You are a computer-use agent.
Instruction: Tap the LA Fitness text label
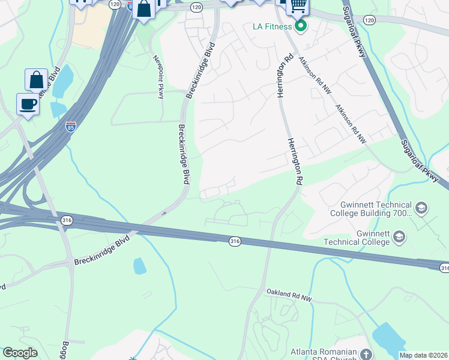pyautogui.click(x=273, y=26)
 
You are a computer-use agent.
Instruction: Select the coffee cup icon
pyautogui.click(x=28, y=104)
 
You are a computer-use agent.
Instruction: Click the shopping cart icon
pyautogui.click(x=298, y=6)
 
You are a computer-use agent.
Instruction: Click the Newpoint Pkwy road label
pyautogui.click(x=159, y=76)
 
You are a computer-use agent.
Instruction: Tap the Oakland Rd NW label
pyautogui.click(x=290, y=295)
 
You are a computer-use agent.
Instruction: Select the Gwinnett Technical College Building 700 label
pyautogui.click(x=371, y=208)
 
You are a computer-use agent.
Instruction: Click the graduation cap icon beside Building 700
pyautogui.click(x=421, y=208)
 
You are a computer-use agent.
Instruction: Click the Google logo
pyautogui.click(x=20, y=353)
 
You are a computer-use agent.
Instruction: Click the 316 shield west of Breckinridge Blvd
pyautogui.click(x=65, y=220)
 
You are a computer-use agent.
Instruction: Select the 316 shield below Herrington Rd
pyautogui.click(x=235, y=241)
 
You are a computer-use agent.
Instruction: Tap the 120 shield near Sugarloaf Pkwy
pyautogui.click(x=369, y=20)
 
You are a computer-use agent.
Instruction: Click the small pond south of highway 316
pyautogui.click(x=139, y=266)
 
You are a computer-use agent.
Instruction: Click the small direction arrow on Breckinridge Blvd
pyautogui.click(x=164, y=213)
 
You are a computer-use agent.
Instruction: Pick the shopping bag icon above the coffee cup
pyautogui.click(x=36, y=80)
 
